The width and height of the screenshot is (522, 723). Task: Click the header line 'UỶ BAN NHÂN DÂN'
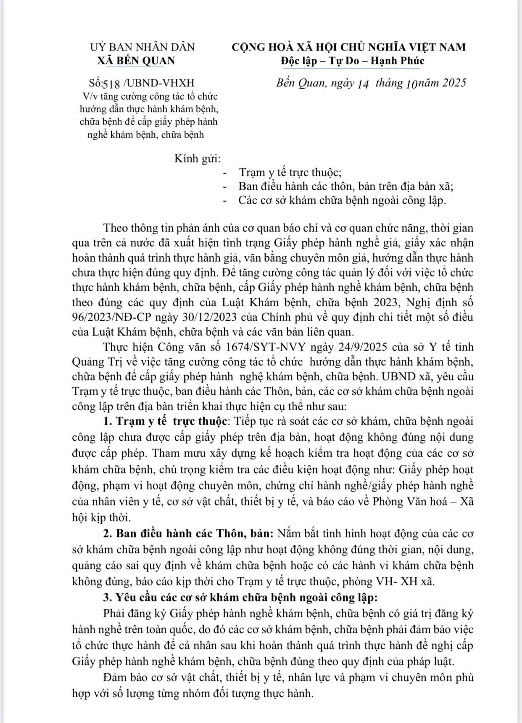(x=143, y=47)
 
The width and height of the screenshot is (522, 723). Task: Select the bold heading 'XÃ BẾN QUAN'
(x=136, y=61)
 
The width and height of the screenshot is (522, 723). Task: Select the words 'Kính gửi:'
(x=197, y=159)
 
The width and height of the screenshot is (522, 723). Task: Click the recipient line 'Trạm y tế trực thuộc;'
(x=290, y=172)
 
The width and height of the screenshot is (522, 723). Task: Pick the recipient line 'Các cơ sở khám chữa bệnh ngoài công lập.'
(x=342, y=200)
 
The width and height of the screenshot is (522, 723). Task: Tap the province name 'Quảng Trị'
(x=95, y=362)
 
